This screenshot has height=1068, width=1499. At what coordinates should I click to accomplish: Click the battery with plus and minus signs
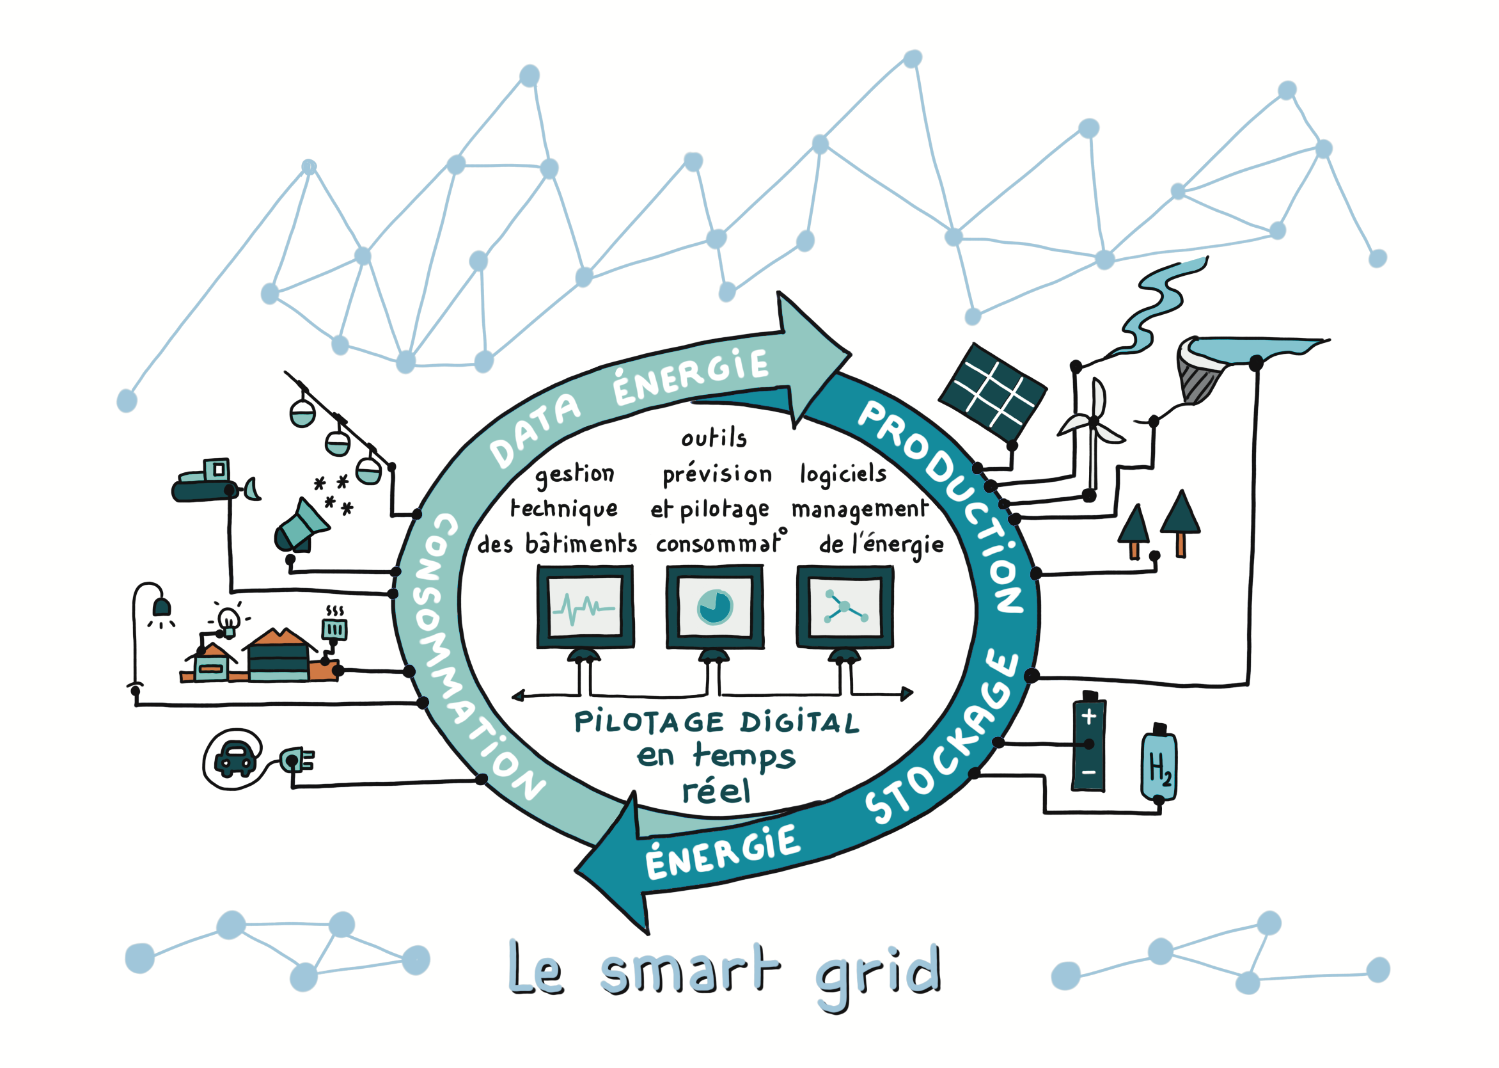coord(1088,742)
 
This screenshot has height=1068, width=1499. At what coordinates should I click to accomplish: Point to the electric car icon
coord(235,758)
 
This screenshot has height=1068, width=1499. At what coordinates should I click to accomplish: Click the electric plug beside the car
coord(295,760)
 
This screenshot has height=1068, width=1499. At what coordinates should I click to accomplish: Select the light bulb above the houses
coord(228,619)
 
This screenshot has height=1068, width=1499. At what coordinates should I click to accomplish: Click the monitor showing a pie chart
coord(714,607)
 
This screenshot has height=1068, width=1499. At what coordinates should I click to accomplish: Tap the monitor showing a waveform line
coord(585,607)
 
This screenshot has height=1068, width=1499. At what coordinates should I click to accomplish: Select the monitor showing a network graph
coord(844,607)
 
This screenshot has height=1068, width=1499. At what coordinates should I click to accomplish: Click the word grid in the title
coord(879,973)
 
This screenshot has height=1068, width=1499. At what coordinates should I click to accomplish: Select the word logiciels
coord(843,474)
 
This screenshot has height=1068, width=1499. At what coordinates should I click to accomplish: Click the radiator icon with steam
coord(334,626)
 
